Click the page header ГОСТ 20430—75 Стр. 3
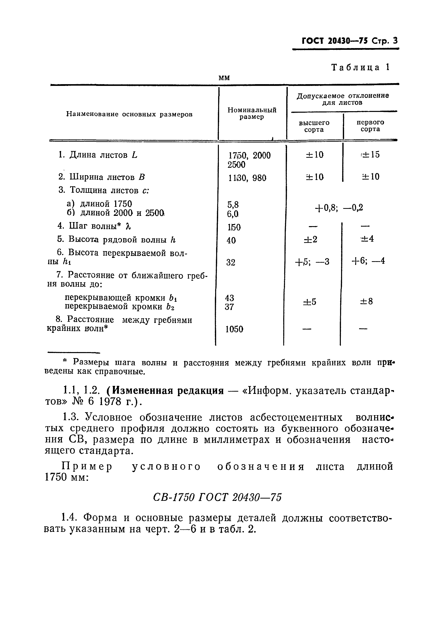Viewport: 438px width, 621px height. click(349, 41)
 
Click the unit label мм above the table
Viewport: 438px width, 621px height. click(224, 78)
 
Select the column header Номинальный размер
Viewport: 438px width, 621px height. click(252, 113)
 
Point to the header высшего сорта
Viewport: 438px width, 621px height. click(314, 126)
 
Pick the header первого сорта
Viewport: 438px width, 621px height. click(370, 125)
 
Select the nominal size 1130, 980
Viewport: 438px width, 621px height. click(247, 178)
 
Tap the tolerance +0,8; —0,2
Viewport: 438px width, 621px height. click(339, 208)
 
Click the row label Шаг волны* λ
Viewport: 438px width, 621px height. click(94, 226)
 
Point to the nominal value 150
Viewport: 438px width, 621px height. click(234, 227)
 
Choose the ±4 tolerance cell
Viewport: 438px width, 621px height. click(367, 239)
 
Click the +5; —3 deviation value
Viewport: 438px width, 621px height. click(312, 262)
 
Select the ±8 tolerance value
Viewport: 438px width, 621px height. click(366, 301)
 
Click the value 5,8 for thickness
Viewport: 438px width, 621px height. click(233, 204)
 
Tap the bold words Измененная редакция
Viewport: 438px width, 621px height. click(165, 391)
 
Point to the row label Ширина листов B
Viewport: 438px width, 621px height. click(102, 177)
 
